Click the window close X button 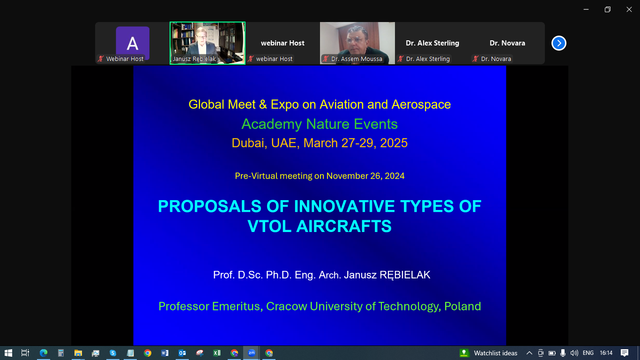coord(629,9)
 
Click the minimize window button coord(586,9)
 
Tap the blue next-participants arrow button coord(559,43)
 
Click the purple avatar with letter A coord(133,43)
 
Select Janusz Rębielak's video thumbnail coord(208,43)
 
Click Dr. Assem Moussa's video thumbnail coord(357,43)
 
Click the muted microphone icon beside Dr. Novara coord(475,59)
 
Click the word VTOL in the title coord(269,226)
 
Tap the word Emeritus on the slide coord(236,306)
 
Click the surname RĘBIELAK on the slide coord(405,275)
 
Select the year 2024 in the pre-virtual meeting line coord(394,176)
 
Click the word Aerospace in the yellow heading coord(421,105)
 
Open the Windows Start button coord(8,353)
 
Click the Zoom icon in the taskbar coord(252,353)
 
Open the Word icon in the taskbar coord(165,353)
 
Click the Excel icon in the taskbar coord(217,353)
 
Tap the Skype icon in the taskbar coord(113,353)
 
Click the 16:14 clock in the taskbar coord(606,353)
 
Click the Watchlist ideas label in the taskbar coord(495,353)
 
